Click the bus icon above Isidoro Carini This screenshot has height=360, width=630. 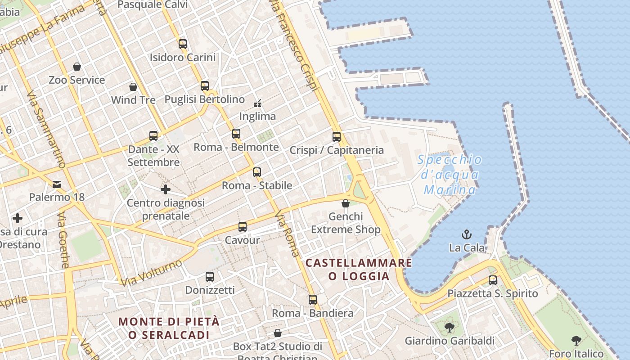pyautogui.click(x=182, y=44)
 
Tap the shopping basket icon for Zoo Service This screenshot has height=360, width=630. pyautogui.click(x=77, y=67)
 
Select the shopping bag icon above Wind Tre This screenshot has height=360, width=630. pyautogui.click(x=133, y=86)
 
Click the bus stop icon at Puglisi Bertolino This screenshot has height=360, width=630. pyautogui.click(x=205, y=85)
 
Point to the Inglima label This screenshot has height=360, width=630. pyautogui.click(x=257, y=117)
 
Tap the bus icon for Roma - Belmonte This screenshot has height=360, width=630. pyautogui.click(x=236, y=134)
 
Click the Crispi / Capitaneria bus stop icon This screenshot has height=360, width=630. pyautogui.click(x=337, y=137)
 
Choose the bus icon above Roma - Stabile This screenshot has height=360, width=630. pyautogui.click(x=257, y=172)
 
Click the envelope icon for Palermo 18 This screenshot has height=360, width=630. pyautogui.click(x=57, y=184)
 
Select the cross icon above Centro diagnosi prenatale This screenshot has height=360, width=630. pyautogui.click(x=166, y=189)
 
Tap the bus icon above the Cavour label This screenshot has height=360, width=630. pyautogui.click(x=243, y=227)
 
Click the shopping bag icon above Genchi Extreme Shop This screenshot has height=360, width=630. pyautogui.click(x=346, y=204)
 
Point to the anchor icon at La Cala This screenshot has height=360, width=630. pyautogui.click(x=467, y=234)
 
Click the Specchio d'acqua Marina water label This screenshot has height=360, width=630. pyautogui.click(x=450, y=175)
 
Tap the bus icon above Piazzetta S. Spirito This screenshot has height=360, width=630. pyautogui.click(x=493, y=280)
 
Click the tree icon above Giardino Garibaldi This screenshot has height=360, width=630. pyautogui.click(x=449, y=327)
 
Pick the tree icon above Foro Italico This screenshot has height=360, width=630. pyautogui.click(x=576, y=340)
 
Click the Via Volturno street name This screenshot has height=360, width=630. pyautogui.click(x=152, y=273)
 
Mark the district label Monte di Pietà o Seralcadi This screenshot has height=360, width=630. pyautogui.click(x=169, y=328)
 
